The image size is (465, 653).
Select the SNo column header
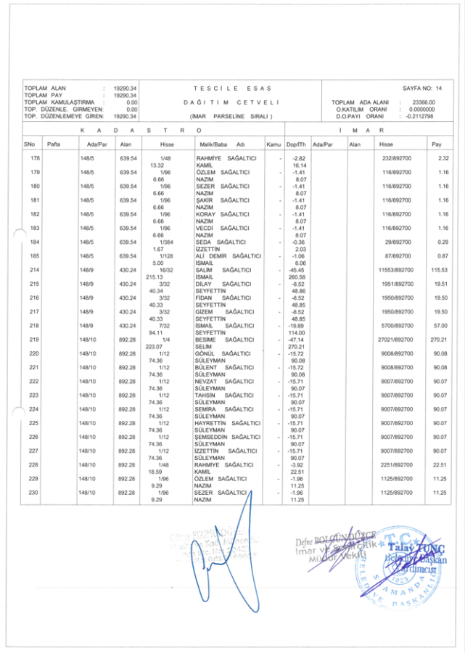click(x=28, y=144)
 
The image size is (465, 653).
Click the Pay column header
click(x=436, y=144)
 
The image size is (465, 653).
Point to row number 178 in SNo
click(x=35, y=158)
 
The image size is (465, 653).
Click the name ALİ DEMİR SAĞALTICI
click(x=228, y=256)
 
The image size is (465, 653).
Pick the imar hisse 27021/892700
click(x=396, y=340)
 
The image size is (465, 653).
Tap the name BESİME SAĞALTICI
click(x=221, y=340)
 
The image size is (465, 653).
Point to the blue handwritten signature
click(x=218, y=559)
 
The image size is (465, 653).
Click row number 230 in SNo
click(x=35, y=493)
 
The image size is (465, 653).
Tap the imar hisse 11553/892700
click(x=396, y=270)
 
